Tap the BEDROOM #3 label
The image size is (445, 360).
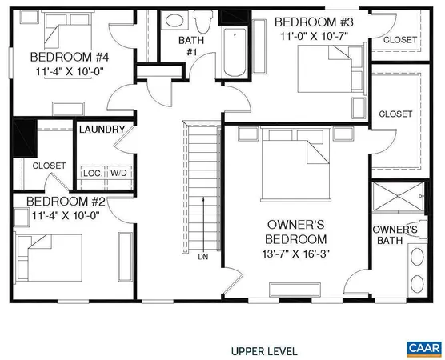[x=314, y=22]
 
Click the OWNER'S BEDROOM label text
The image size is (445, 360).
[x=295, y=232]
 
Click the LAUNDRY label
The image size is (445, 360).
[x=102, y=130]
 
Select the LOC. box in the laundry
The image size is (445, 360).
[x=91, y=173]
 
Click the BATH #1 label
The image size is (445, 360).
[x=191, y=46]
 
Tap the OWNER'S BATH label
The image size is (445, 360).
[x=395, y=235]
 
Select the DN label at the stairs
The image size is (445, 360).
[x=203, y=257]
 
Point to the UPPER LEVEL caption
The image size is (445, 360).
[x=264, y=350]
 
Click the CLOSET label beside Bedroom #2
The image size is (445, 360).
[x=49, y=166]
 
